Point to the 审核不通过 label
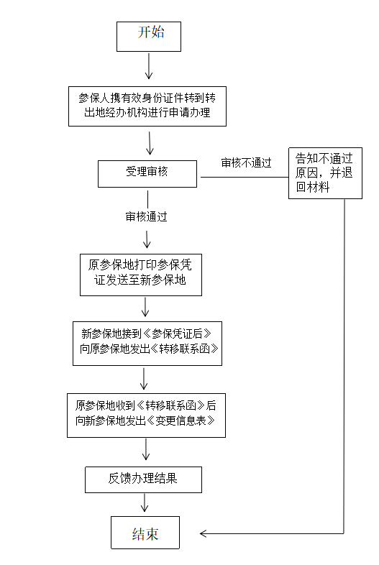point(246,163)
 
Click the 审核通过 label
point(146,216)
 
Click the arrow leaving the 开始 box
point(149,66)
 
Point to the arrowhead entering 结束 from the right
point(203,533)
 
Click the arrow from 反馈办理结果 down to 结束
point(145,502)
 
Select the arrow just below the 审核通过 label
point(147,239)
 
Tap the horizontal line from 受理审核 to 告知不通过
point(245,177)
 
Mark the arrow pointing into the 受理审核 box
point(150,143)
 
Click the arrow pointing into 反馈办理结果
point(146,449)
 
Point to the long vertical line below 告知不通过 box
point(344,366)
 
